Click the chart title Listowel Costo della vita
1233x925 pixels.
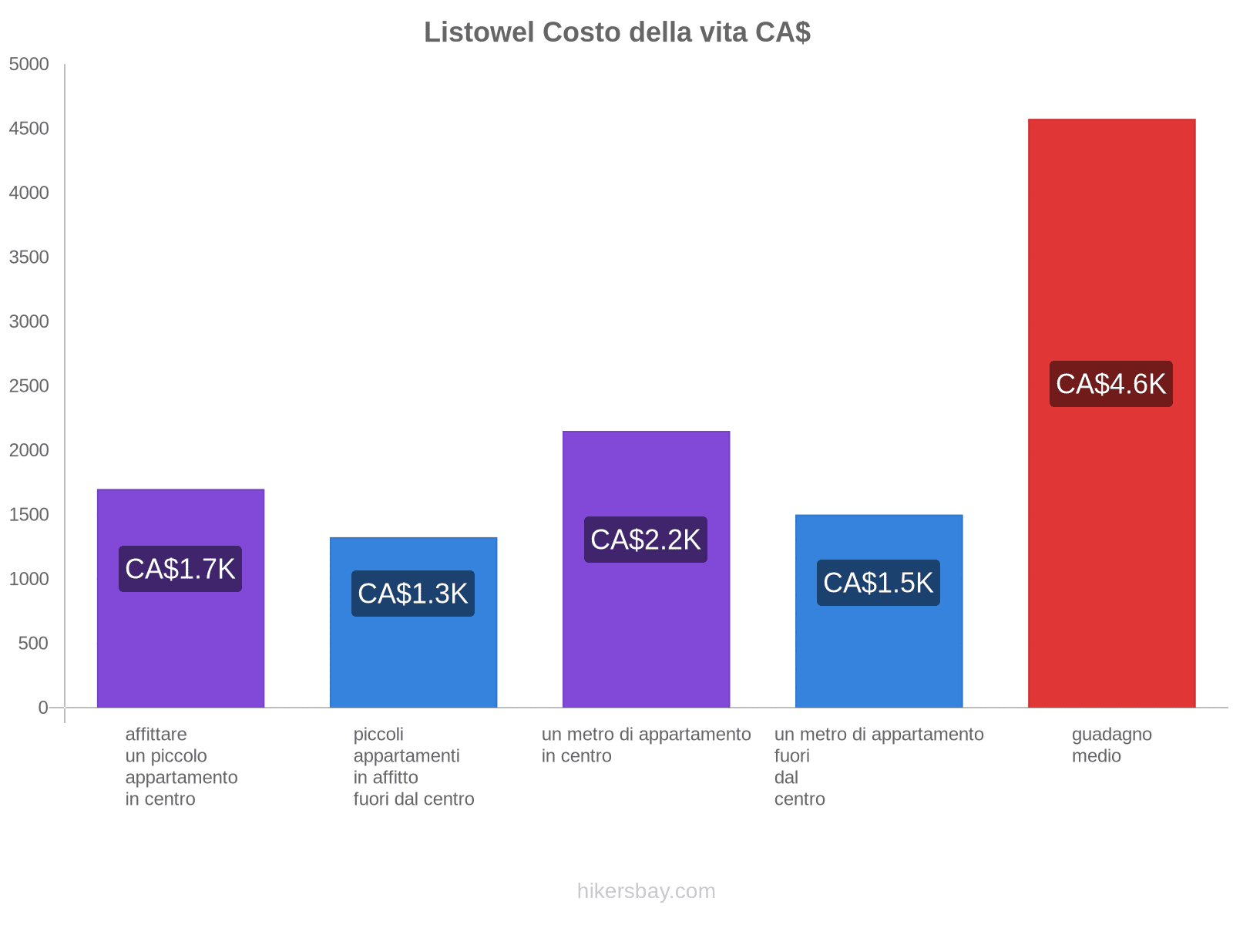[x=616, y=32]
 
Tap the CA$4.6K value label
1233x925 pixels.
[x=1110, y=384]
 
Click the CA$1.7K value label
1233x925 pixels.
[x=180, y=569]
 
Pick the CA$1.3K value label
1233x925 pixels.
[x=413, y=594]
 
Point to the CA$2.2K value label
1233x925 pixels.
[x=646, y=540]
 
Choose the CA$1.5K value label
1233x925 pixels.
[x=879, y=583]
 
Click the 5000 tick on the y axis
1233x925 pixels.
[x=29, y=65]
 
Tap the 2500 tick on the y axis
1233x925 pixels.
[x=29, y=386]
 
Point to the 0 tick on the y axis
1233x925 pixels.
[x=43, y=708]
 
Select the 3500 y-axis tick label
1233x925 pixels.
[x=29, y=257]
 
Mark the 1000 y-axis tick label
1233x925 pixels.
[x=29, y=579]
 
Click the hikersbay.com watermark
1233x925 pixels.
[x=646, y=891]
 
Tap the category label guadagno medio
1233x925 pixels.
[x=1111, y=745]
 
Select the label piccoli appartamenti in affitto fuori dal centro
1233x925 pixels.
[x=414, y=767]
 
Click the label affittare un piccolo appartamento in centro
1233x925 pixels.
[x=181, y=767]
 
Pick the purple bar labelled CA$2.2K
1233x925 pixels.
[x=646, y=632]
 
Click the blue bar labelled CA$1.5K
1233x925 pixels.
[x=879, y=655]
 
